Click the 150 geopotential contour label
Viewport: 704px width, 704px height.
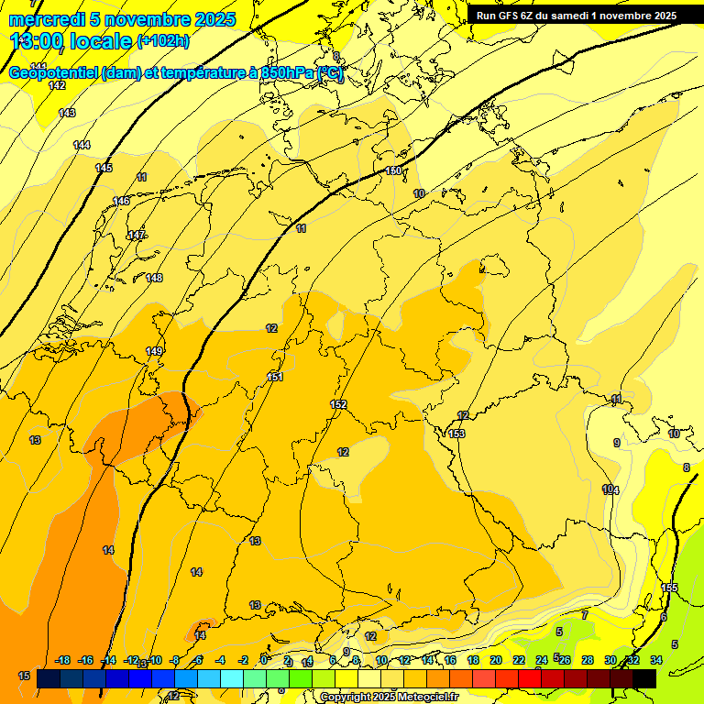[393, 171]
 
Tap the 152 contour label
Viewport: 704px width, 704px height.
[338, 404]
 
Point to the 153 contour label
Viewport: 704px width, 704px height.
[456, 434]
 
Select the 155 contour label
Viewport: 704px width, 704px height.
[670, 588]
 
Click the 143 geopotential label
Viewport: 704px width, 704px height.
[67, 113]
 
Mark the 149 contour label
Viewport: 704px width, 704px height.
[154, 351]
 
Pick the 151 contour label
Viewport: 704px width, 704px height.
[275, 377]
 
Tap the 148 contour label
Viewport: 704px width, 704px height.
[154, 278]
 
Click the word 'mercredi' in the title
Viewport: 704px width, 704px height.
[47, 19]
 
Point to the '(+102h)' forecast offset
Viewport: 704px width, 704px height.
[163, 41]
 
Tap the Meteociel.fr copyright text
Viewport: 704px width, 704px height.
[389, 698]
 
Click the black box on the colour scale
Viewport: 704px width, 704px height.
[644, 678]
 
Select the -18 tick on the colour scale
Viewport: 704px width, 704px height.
[63, 660]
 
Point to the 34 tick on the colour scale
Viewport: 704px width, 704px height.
[656, 660]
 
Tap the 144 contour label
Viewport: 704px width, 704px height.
[82, 145]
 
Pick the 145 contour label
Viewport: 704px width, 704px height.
[104, 168]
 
